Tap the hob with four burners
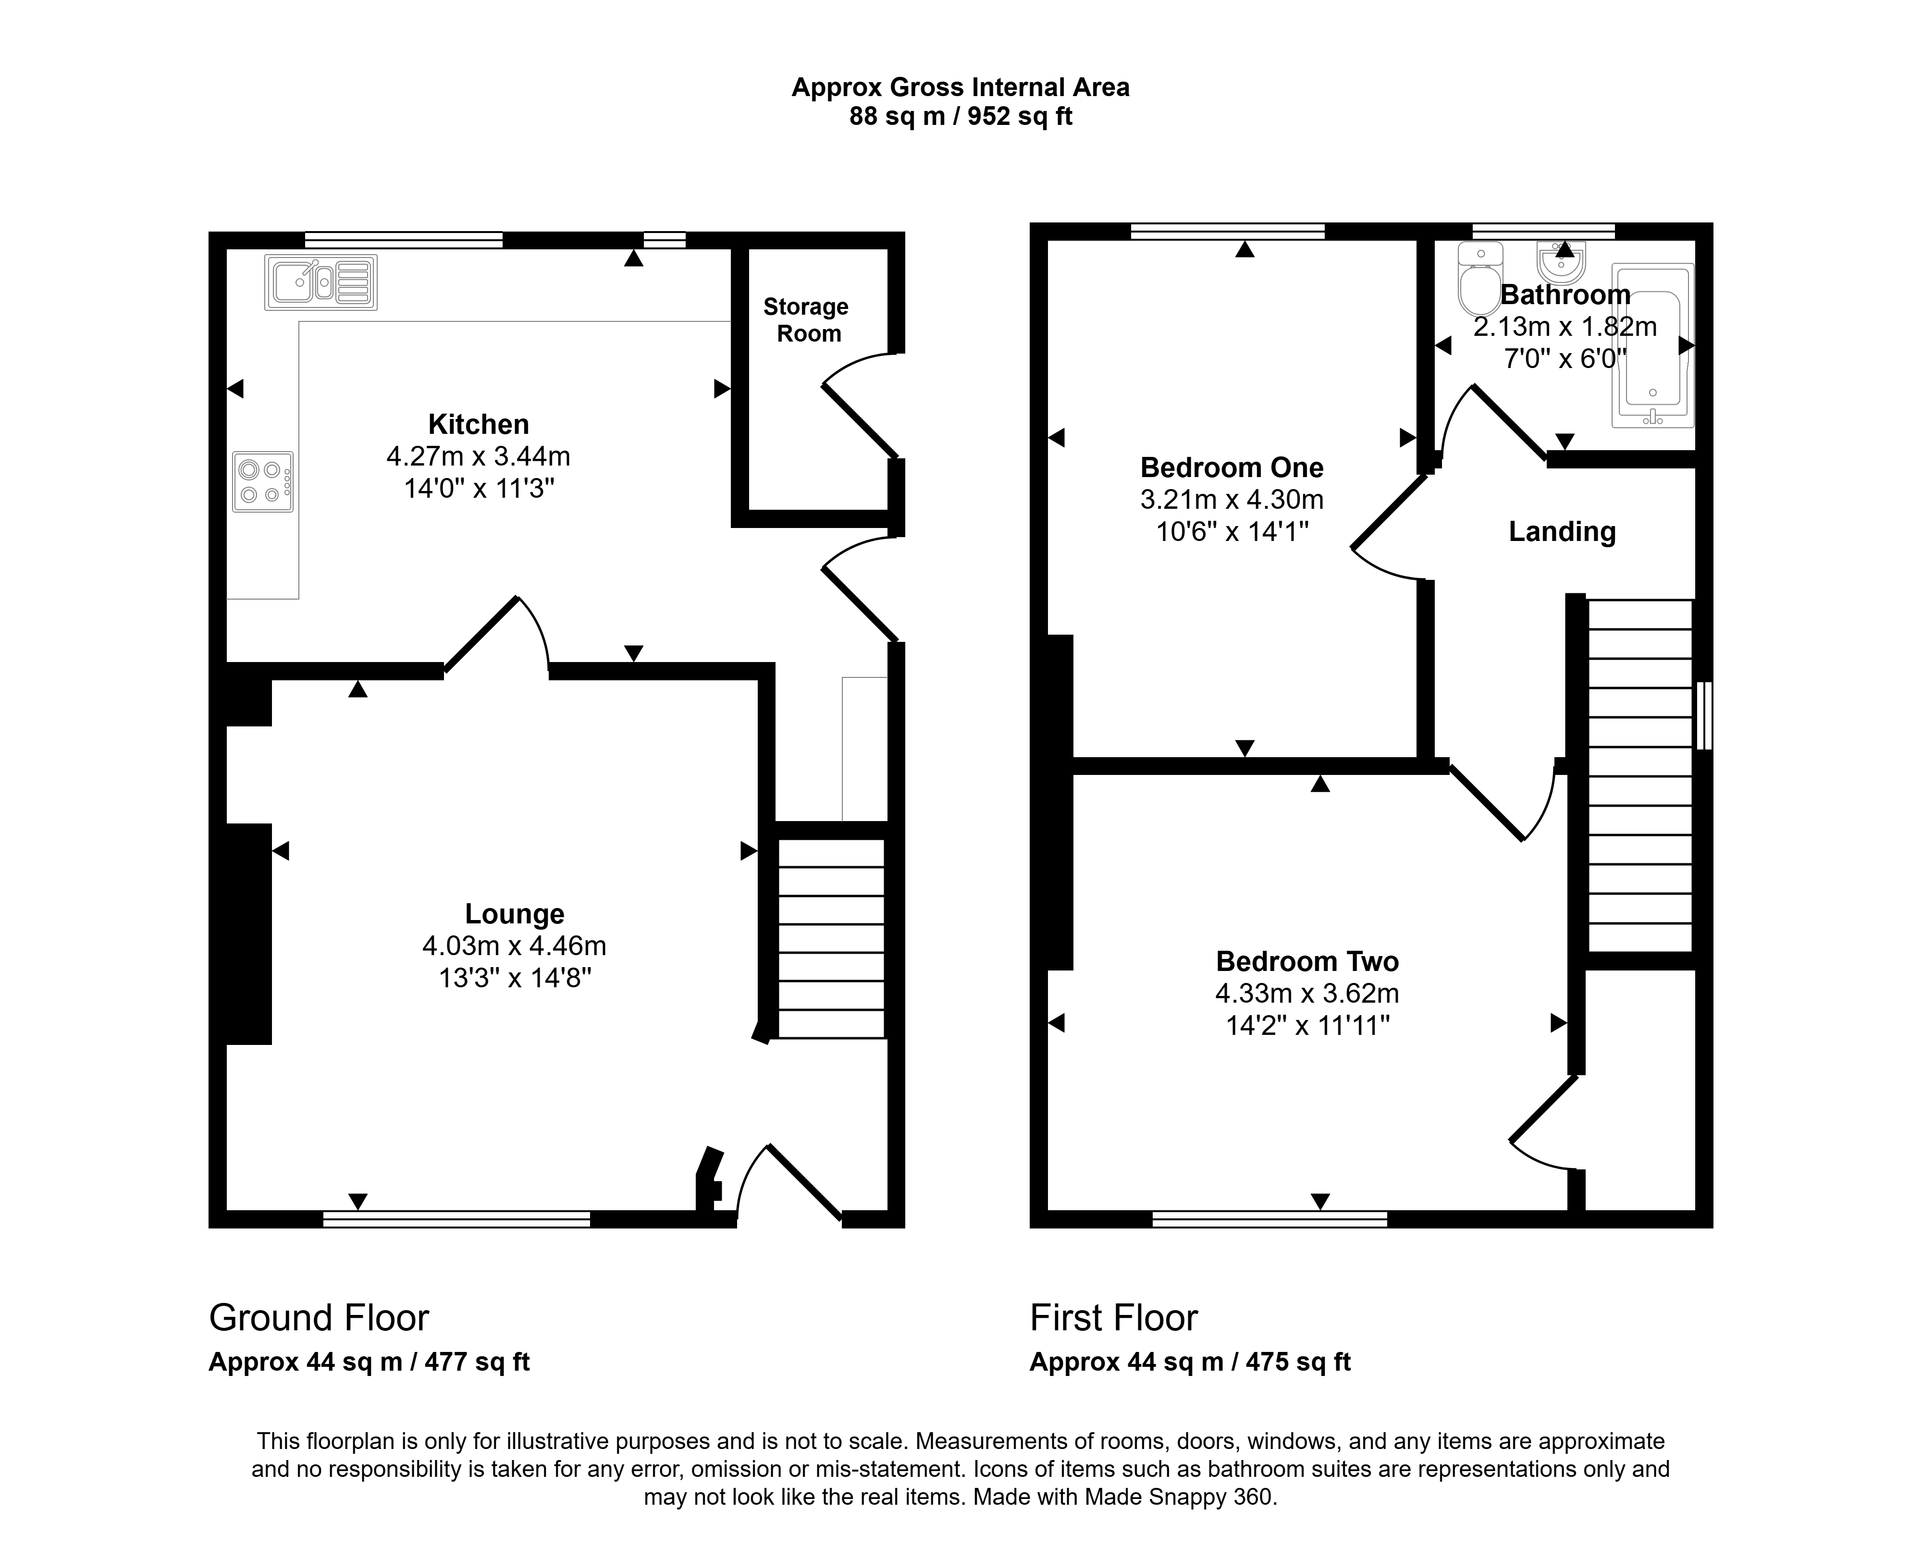(263, 481)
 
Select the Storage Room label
(807, 320)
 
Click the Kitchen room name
(479, 424)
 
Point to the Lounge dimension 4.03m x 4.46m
(515, 945)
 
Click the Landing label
(1562, 532)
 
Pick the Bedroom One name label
(1232, 468)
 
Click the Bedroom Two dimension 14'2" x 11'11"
(1308, 1026)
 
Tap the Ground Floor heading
(319, 1318)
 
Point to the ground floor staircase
(831, 938)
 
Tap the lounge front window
(456, 1219)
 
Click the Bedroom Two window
(1270, 1219)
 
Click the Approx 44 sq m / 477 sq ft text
(369, 1363)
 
